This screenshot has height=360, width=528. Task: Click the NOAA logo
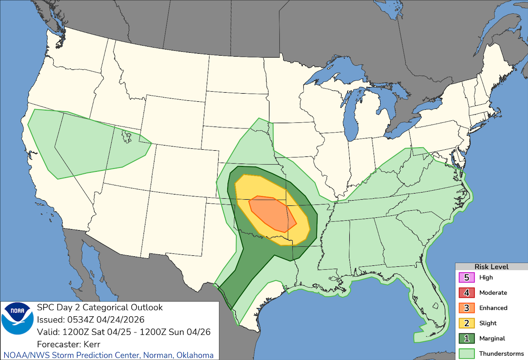(18, 319)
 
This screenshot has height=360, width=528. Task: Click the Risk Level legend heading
(491, 267)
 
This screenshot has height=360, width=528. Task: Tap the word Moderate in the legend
(493, 292)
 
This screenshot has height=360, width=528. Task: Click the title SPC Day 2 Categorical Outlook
(99, 307)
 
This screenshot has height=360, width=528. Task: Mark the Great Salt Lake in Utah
(126, 136)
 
